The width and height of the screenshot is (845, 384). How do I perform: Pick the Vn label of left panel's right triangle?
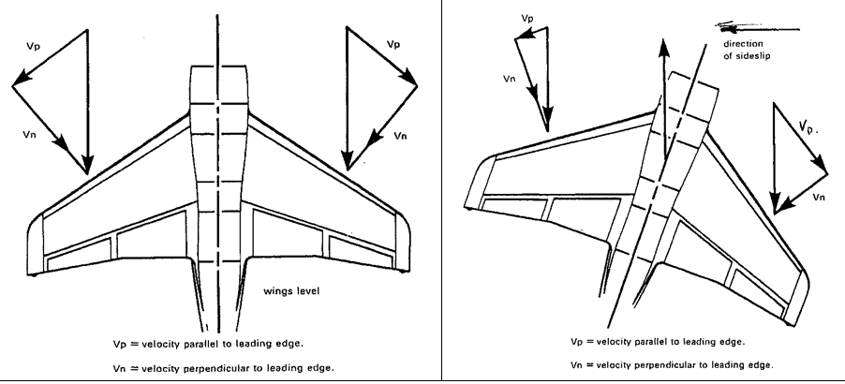click(x=401, y=136)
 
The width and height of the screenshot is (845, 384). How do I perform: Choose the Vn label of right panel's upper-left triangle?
click(x=510, y=81)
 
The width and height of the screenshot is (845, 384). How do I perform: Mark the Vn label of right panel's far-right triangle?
click(x=819, y=197)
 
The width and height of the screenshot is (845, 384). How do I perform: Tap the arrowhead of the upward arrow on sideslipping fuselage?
click(x=664, y=45)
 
